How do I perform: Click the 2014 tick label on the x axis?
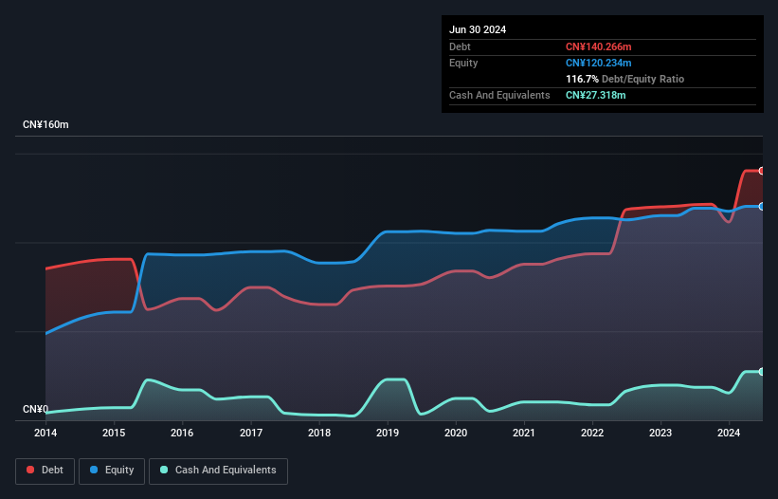(x=45, y=434)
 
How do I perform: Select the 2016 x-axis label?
(x=182, y=434)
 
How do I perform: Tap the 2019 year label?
(x=388, y=434)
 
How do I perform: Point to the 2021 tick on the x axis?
(x=524, y=434)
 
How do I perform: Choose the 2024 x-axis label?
(x=729, y=434)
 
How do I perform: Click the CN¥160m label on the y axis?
(x=45, y=125)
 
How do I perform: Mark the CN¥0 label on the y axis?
(x=35, y=410)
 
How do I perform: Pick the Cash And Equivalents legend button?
(x=218, y=471)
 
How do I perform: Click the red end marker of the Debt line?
(x=762, y=171)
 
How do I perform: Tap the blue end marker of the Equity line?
(x=762, y=206)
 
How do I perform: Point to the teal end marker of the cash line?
(x=762, y=371)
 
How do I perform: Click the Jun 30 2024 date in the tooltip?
(x=478, y=29)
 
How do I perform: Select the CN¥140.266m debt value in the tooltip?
(x=598, y=46)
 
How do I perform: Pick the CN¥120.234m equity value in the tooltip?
(x=598, y=63)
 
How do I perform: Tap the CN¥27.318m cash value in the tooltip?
(x=595, y=95)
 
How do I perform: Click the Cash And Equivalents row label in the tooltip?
(x=499, y=95)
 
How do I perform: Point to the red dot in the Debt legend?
(x=31, y=471)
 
